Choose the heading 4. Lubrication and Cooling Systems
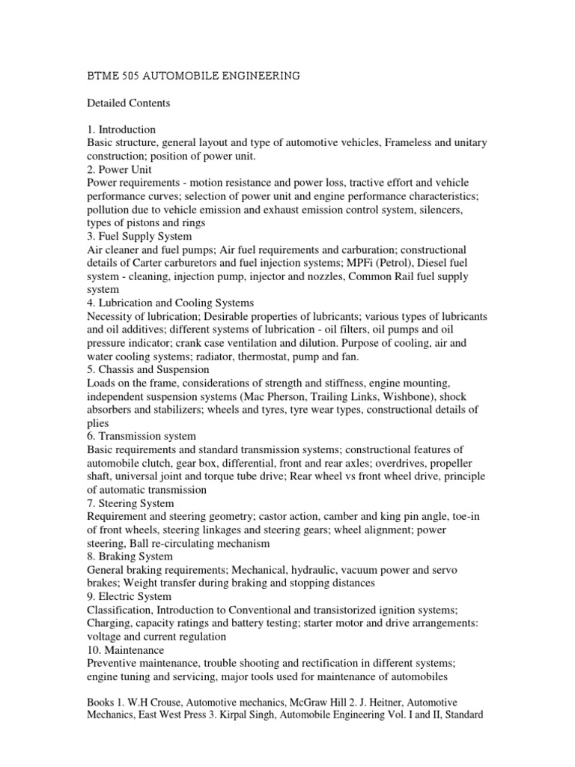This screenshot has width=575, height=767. coord(171,303)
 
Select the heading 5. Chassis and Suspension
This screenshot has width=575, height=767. coord(148,369)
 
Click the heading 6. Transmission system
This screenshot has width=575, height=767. coord(142,436)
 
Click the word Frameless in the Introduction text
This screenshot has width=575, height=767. coord(410,143)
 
